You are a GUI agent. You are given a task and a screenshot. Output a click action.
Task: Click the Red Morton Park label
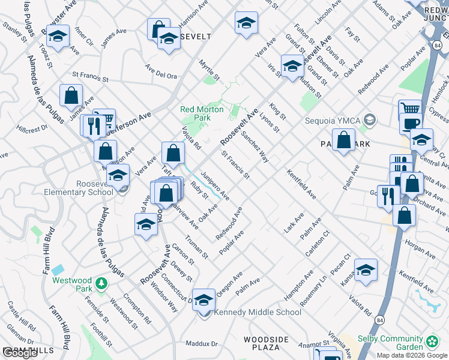click(x=202, y=114)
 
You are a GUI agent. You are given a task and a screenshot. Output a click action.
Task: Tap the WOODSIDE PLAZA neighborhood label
click(x=262, y=343)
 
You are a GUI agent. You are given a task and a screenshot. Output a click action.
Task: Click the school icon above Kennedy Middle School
click(x=204, y=299)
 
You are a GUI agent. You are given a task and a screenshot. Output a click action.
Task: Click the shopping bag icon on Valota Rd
click(x=173, y=153)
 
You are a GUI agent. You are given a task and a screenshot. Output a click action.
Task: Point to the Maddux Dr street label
click(x=201, y=344)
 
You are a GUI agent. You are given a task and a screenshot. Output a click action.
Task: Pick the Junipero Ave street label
click(x=215, y=185)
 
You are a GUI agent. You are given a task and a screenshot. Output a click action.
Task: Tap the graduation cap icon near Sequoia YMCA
click(x=370, y=120)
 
